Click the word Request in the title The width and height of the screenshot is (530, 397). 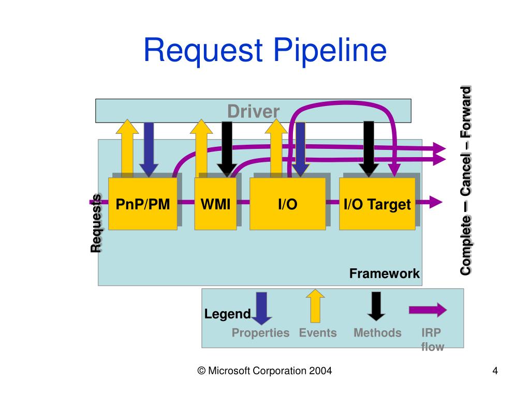click(x=203, y=51)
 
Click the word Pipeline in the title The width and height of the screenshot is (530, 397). click(x=330, y=51)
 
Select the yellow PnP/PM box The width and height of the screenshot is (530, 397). click(x=143, y=204)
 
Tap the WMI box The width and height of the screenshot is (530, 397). click(x=215, y=204)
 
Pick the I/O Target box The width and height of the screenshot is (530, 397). click(x=377, y=204)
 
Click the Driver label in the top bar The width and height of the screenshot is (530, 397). click(x=253, y=112)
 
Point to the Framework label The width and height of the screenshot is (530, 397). click(x=385, y=273)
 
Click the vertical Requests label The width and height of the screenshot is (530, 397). click(x=96, y=223)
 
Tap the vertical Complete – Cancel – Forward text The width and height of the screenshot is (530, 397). click(x=465, y=180)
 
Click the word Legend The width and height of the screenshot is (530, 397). click(x=228, y=314)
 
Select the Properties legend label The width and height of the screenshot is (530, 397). click(x=261, y=333)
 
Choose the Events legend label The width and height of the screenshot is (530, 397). click(x=318, y=333)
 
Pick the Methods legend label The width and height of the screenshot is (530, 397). click(x=377, y=333)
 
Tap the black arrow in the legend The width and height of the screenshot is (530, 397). click(x=376, y=306)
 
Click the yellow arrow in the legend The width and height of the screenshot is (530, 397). click(x=315, y=306)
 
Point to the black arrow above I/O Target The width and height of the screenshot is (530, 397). click(x=369, y=149)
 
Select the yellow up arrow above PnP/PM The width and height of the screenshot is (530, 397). click(x=127, y=148)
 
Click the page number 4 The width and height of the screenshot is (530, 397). click(x=495, y=371)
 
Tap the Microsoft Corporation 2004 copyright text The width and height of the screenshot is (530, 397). click(x=264, y=371)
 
